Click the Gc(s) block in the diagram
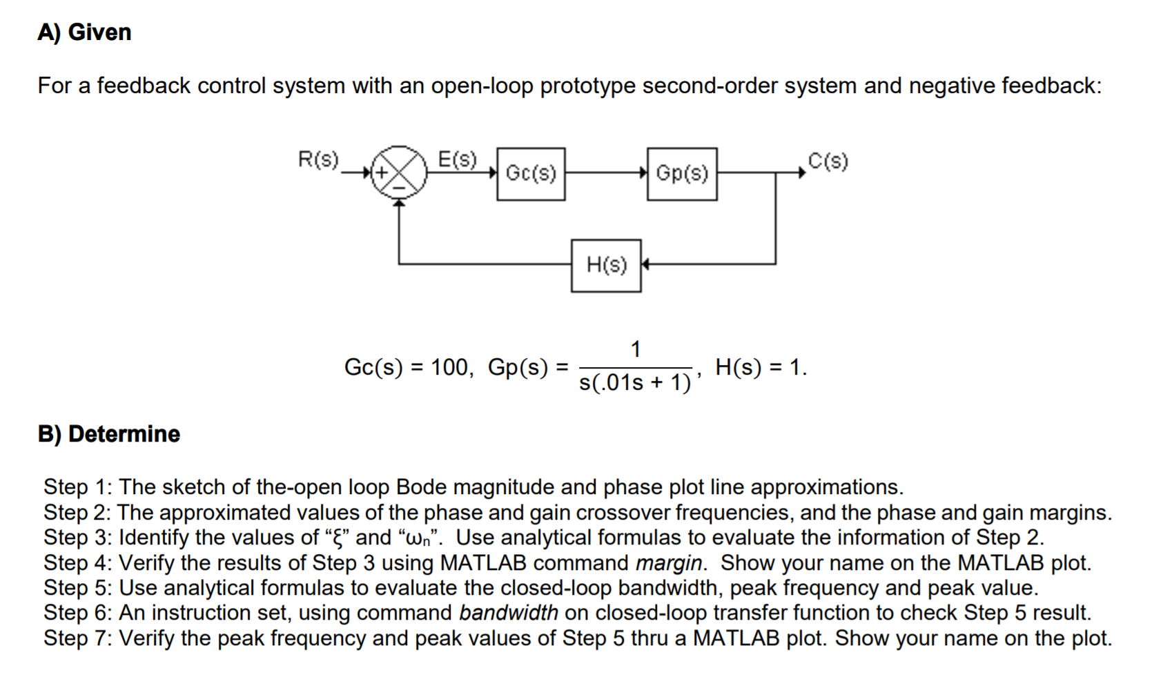(x=531, y=174)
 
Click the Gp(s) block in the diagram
(x=682, y=174)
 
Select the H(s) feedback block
(x=606, y=265)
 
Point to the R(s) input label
(x=318, y=160)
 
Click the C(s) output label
(x=828, y=161)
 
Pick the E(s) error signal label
(x=458, y=160)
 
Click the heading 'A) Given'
(x=84, y=32)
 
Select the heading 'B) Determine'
(x=109, y=434)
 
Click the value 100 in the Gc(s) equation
(x=449, y=367)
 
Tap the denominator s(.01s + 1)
(x=635, y=382)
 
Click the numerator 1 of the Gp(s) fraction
(x=636, y=349)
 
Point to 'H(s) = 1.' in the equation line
(x=761, y=367)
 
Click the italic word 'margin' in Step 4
(x=670, y=563)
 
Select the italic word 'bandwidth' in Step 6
(x=508, y=613)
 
